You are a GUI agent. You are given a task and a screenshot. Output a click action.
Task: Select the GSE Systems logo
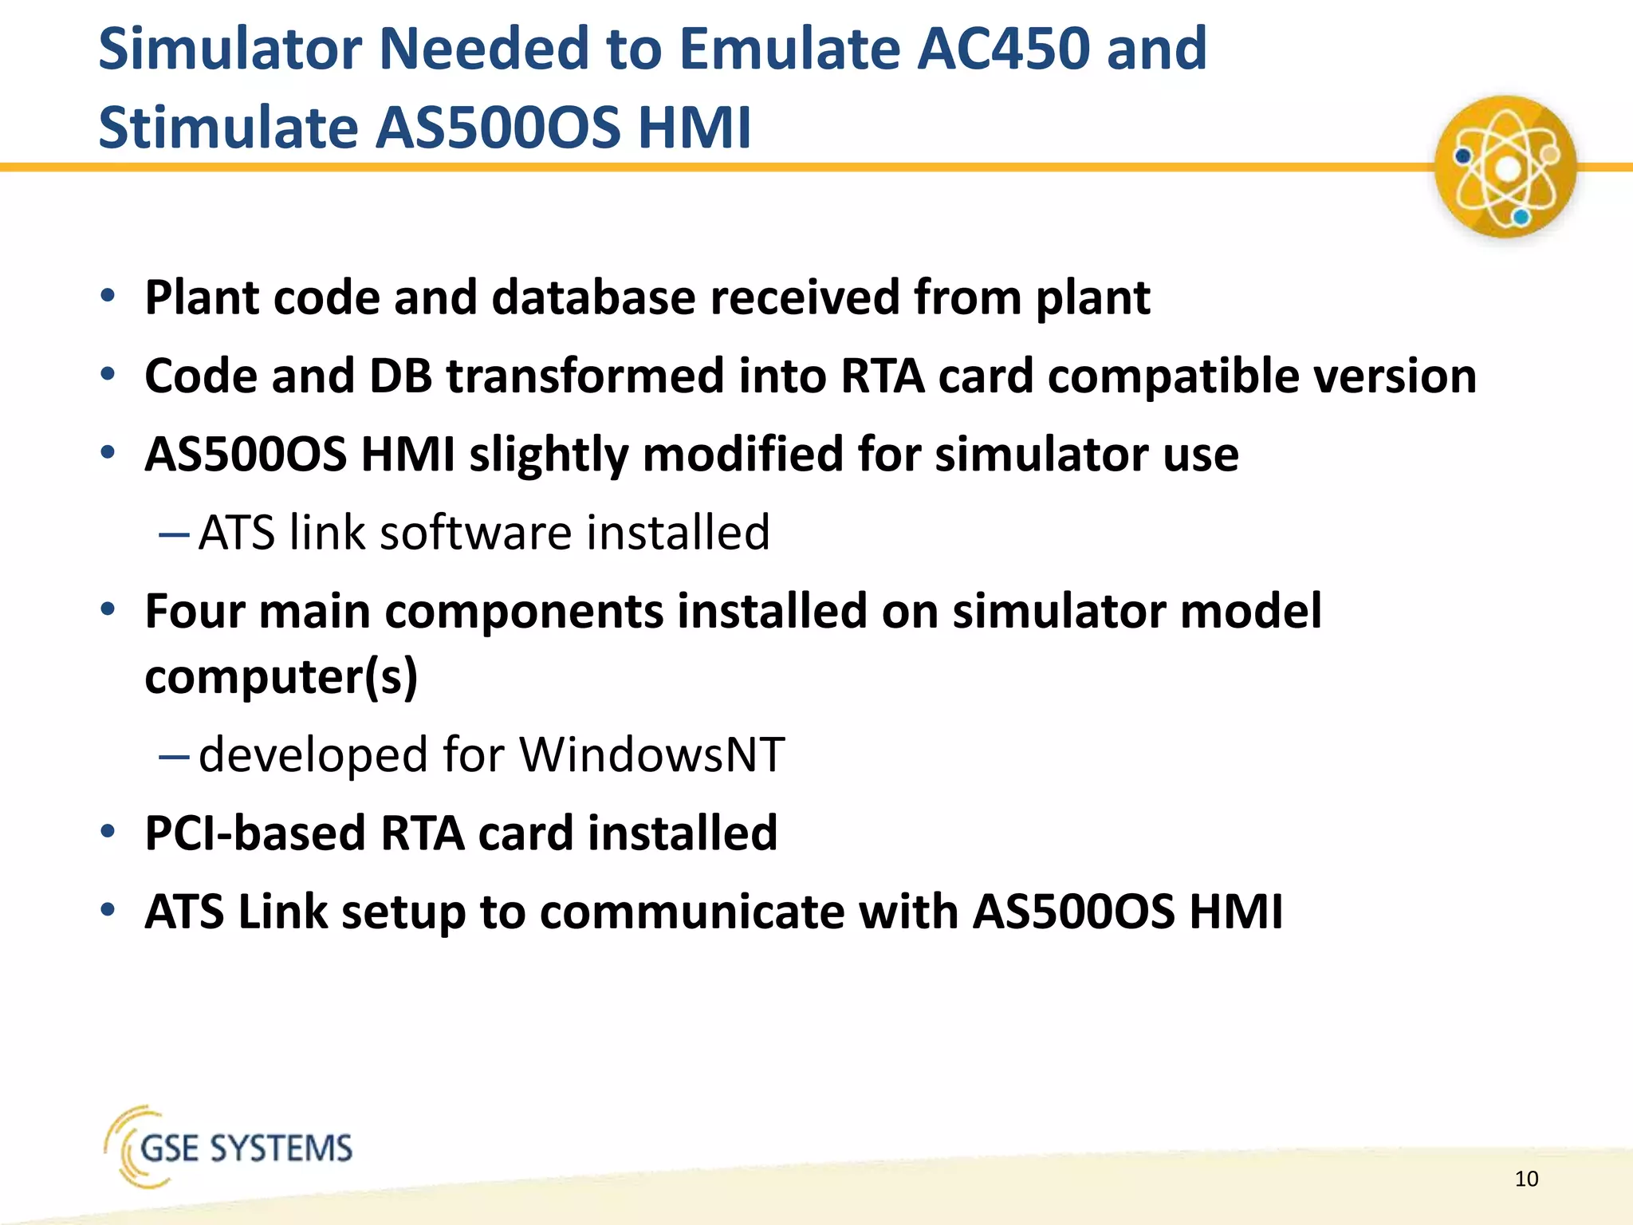tap(229, 1147)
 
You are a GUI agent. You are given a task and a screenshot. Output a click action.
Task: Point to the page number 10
tap(1526, 1179)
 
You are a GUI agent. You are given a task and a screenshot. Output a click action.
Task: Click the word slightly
tap(549, 455)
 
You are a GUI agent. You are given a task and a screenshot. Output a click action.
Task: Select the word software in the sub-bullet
tap(475, 533)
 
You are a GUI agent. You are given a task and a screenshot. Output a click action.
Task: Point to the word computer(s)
tap(281, 677)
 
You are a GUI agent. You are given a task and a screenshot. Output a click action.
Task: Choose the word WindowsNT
tap(651, 754)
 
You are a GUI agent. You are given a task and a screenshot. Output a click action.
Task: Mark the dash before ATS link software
tap(173, 533)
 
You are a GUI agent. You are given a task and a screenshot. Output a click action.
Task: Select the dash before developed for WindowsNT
tap(173, 754)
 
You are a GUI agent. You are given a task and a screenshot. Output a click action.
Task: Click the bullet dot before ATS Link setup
tap(108, 910)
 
